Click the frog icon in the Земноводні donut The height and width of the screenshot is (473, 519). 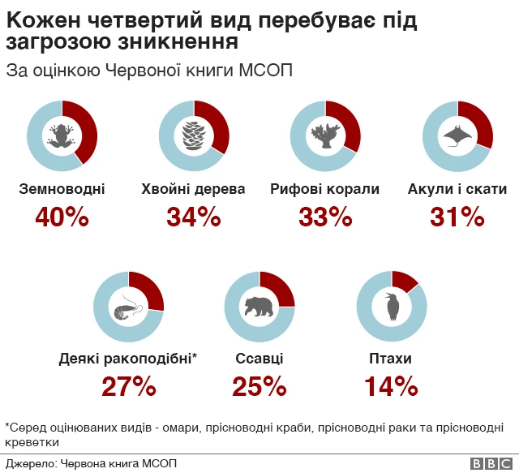(x=62, y=135)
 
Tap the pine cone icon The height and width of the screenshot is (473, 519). (x=194, y=135)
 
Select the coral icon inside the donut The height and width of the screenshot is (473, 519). (x=325, y=135)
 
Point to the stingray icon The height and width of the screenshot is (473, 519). (x=457, y=135)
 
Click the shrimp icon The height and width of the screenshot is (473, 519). (x=128, y=307)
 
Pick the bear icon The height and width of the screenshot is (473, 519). (x=259, y=307)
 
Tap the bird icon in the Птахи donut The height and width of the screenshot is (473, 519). (x=392, y=307)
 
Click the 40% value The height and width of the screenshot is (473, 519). (x=62, y=217)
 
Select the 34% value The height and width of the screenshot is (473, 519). (x=193, y=217)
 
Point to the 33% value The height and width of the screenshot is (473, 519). (x=325, y=217)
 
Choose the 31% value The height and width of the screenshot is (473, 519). (x=457, y=217)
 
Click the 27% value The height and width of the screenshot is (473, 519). (x=128, y=387)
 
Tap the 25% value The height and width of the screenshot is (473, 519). (x=259, y=387)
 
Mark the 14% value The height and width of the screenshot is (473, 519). (x=391, y=387)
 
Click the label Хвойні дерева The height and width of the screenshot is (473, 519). (x=193, y=190)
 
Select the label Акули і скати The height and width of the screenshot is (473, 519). (x=457, y=190)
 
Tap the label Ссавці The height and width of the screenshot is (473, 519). (x=259, y=359)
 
